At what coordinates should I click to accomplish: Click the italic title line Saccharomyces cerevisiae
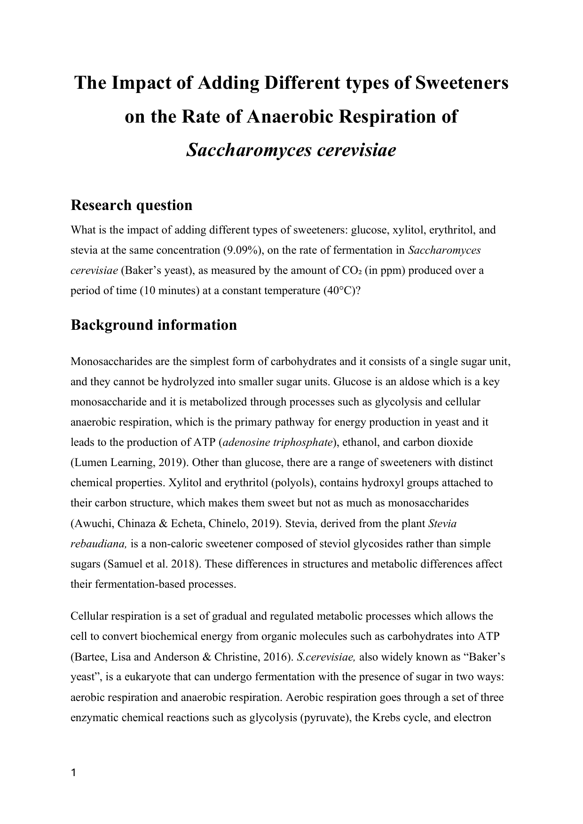291,150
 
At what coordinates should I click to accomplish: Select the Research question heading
131,205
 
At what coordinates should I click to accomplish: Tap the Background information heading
153,325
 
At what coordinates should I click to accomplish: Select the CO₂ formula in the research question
352,271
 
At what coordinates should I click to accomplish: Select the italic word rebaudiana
99,544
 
